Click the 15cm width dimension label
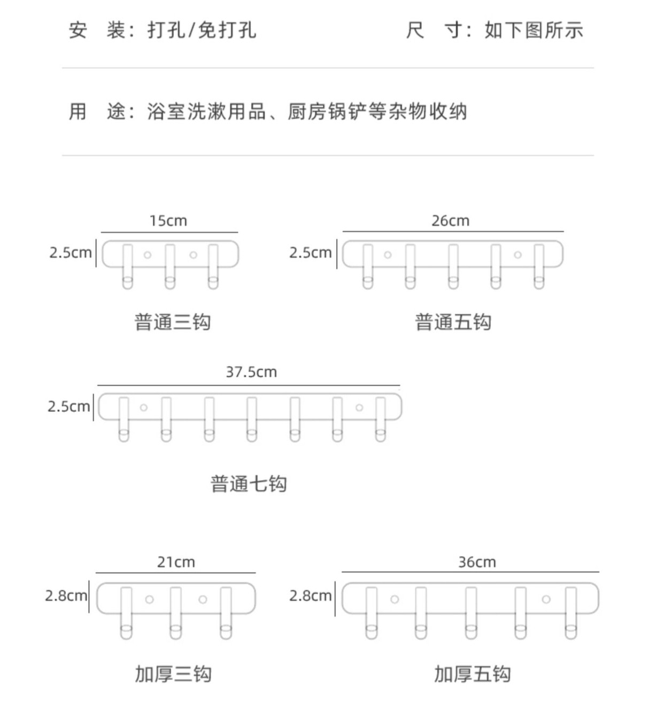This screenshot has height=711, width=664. click(168, 221)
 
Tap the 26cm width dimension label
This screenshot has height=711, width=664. click(451, 221)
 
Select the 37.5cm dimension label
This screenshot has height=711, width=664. click(251, 372)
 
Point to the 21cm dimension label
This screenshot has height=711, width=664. click(176, 562)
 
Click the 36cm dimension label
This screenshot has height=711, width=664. click(477, 562)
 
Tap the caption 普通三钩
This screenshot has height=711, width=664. click(173, 322)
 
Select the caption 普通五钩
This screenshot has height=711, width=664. click(453, 322)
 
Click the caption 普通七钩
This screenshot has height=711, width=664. click(249, 484)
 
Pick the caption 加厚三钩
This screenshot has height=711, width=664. click(173, 674)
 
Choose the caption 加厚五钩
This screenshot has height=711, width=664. click(472, 674)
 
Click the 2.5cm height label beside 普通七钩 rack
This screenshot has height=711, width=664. click(68, 407)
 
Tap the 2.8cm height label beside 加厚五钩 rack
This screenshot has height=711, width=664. click(310, 596)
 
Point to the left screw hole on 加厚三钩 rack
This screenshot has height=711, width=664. click(150, 599)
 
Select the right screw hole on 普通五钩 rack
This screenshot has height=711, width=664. click(518, 255)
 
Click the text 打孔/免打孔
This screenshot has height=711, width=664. click(202, 30)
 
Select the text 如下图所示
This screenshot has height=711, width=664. click(534, 30)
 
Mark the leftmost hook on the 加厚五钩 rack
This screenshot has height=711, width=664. click(371, 612)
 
